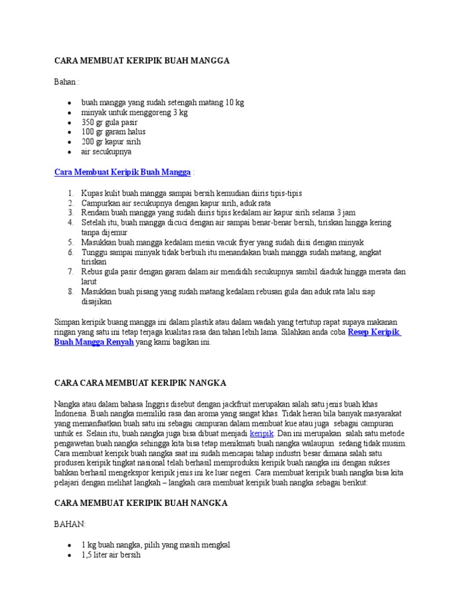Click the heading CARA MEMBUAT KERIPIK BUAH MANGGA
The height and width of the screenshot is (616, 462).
[142, 61]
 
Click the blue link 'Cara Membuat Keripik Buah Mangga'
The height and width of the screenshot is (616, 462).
[123, 173]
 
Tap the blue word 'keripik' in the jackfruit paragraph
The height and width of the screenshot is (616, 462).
[262, 433]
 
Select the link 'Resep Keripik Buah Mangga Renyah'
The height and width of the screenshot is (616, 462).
[374, 332]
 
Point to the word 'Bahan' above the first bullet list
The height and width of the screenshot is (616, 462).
[66, 81]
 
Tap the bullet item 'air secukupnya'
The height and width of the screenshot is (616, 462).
[106, 152]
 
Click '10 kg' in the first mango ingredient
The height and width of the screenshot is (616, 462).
[235, 102]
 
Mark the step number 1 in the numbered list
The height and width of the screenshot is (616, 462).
[70, 193]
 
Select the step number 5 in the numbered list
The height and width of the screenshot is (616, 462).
[70, 242]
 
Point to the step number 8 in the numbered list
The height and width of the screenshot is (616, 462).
[70, 291]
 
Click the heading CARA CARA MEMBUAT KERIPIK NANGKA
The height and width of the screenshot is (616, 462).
[140, 383]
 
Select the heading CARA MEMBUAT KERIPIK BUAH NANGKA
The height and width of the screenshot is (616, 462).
[141, 503]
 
